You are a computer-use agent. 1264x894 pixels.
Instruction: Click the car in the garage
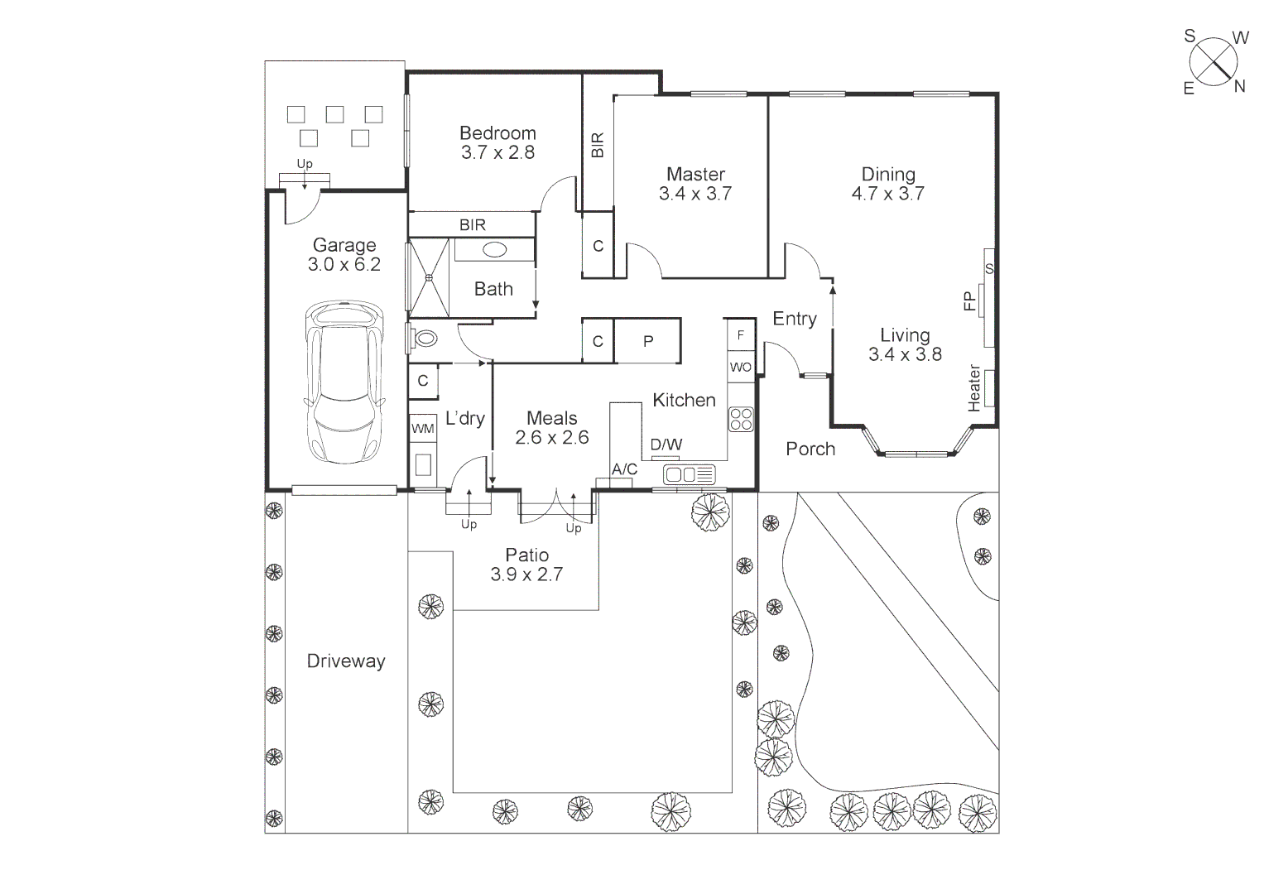click(345, 382)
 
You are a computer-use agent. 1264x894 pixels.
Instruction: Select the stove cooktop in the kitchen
click(741, 420)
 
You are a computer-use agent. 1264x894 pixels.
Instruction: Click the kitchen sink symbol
click(689, 474)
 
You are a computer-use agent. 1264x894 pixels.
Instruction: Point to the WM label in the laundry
click(423, 429)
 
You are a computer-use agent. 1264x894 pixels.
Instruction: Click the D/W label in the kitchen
click(666, 445)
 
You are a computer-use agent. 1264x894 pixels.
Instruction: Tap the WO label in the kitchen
click(740, 368)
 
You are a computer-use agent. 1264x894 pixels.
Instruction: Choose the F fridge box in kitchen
click(740, 335)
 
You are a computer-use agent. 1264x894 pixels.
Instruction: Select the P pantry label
click(648, 341)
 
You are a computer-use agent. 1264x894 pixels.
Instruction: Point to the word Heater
click(974, 387)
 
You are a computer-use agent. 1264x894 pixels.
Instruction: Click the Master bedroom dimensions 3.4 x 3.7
click(695, 194)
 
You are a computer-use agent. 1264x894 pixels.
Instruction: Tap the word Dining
click(888, 175)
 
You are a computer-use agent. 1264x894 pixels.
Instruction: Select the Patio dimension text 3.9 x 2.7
click(526, 574)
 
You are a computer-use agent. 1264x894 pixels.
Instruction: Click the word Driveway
click(346, 661)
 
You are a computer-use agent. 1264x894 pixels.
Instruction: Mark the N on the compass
click(1240, 86)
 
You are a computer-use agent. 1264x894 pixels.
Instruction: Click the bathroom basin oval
click(495, 249)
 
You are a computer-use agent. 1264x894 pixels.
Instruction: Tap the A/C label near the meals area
click(625, 469)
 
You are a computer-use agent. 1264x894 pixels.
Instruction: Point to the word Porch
click(810, 449)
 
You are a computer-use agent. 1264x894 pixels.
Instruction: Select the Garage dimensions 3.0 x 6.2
click(344, 264)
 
